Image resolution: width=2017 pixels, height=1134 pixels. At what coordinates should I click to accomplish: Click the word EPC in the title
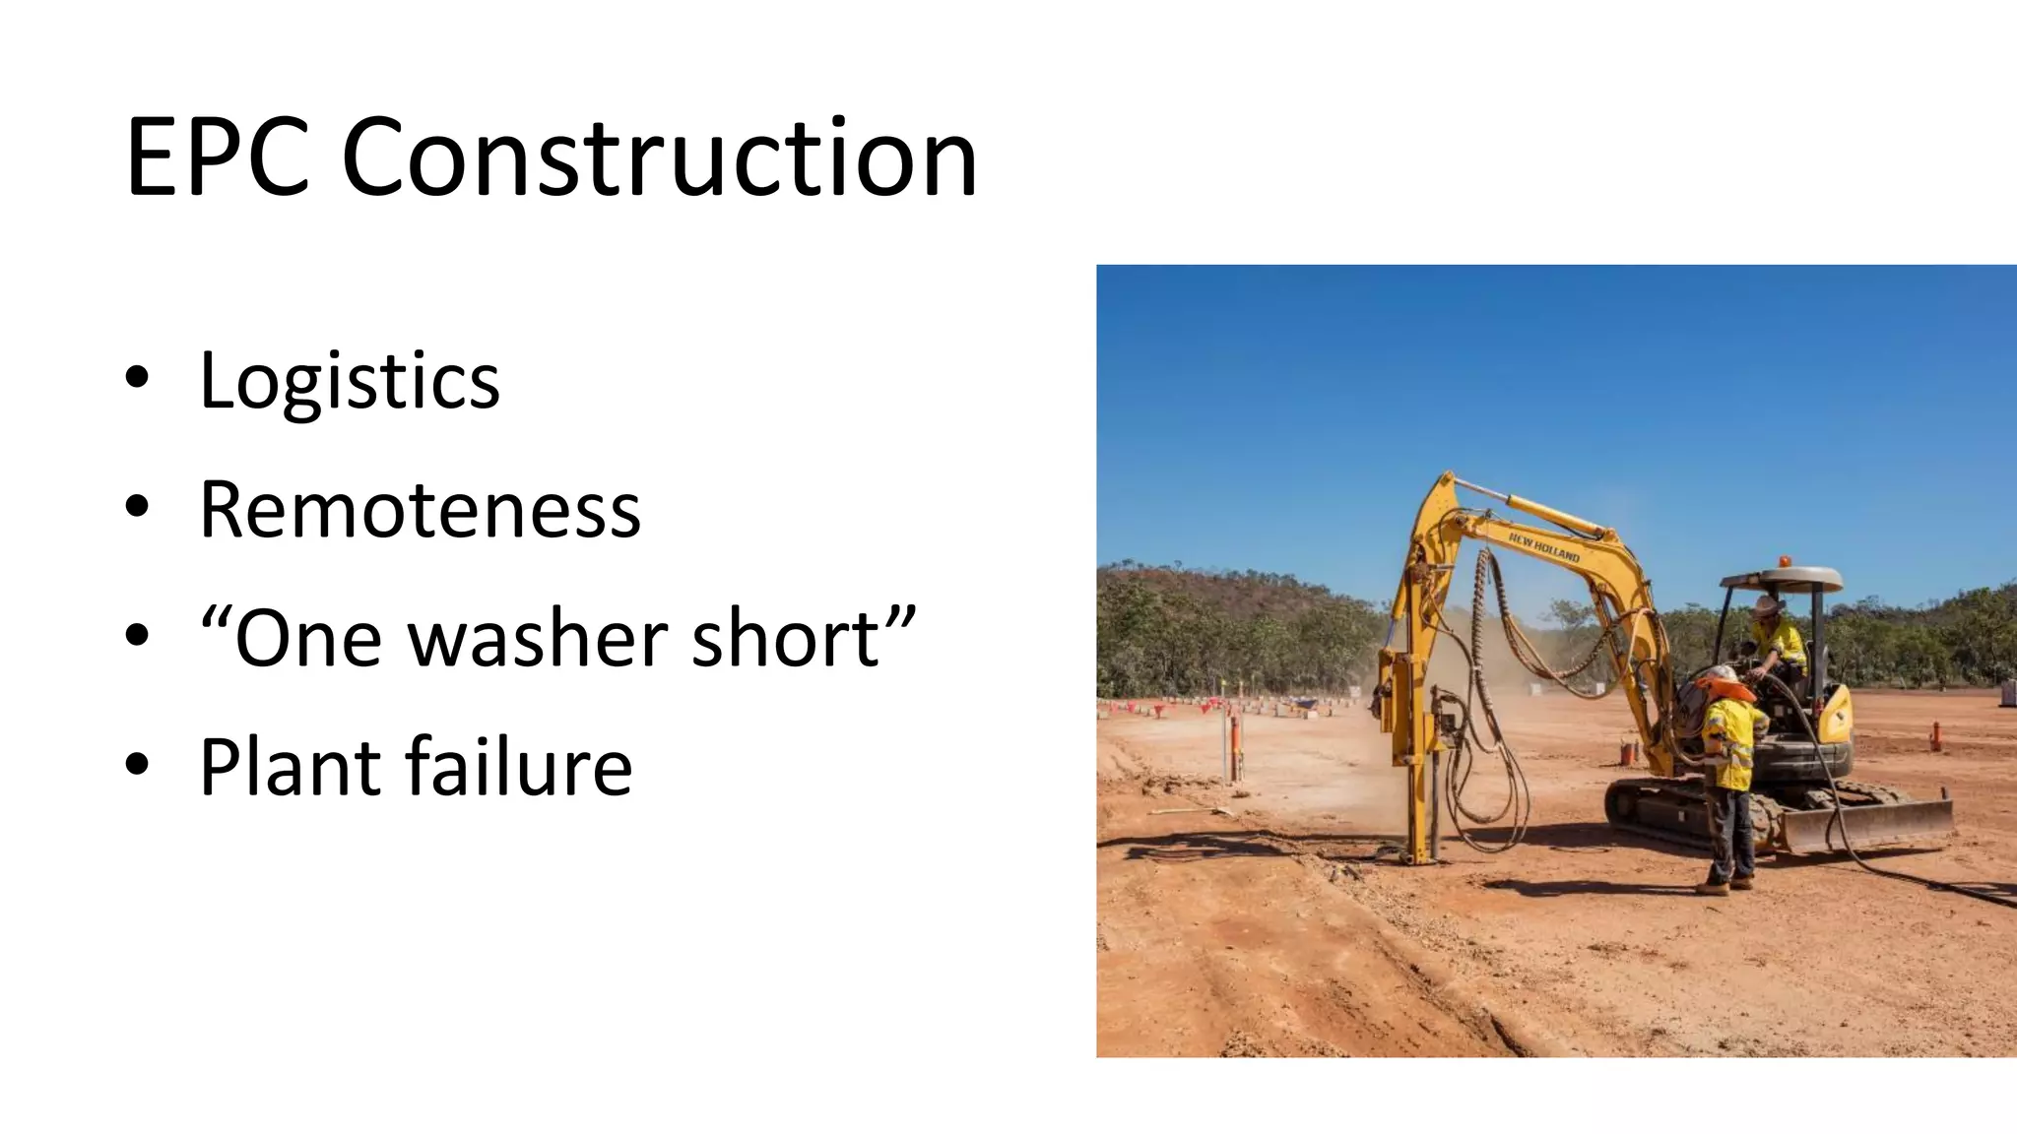218,157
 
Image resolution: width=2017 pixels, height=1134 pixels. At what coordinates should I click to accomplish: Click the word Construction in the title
659,157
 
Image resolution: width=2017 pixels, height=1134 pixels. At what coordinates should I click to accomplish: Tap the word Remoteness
420,510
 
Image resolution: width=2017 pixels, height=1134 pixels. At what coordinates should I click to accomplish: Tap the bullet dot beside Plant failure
137,764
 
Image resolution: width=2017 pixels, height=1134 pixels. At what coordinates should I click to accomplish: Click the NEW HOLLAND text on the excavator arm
1543,547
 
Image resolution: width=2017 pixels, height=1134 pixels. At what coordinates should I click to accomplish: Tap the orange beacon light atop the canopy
1784,562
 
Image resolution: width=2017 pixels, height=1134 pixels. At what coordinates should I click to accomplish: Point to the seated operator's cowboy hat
1769,603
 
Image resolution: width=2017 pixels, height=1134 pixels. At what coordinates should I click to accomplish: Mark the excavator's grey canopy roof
1782,578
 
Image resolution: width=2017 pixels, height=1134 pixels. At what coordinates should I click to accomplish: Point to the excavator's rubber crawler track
1664,812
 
